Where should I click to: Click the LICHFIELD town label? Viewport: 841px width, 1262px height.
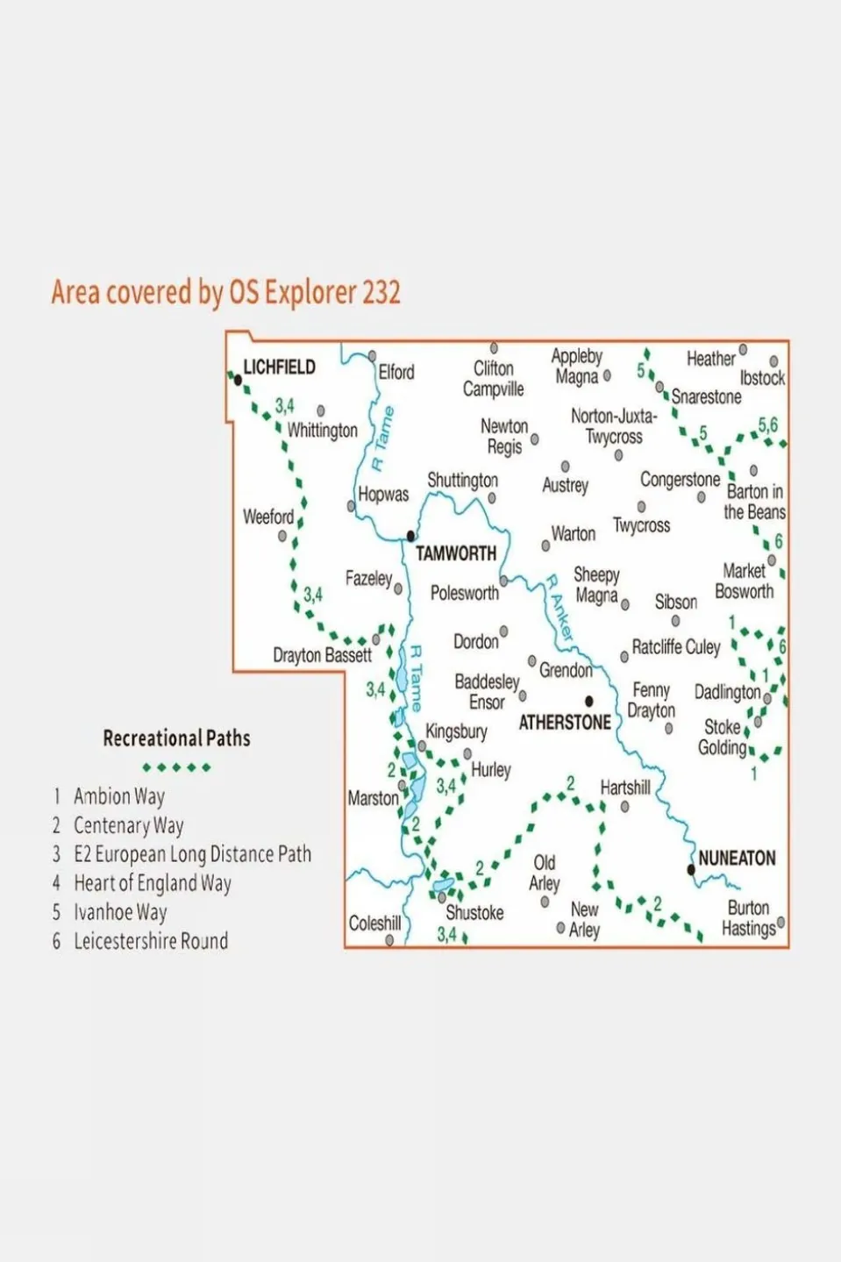(x=279, y=367)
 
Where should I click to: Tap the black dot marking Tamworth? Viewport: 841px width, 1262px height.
(x=410, y=536)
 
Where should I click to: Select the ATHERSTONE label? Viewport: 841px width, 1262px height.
(x=565, y=723)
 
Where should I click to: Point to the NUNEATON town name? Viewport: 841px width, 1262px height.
(x=737, y=858)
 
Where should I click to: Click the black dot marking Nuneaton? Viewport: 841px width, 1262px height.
(x=691, y=870)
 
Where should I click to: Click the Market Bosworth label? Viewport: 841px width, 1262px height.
(x=745, y=581)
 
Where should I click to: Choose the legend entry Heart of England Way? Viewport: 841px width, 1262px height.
(x=152, y=883)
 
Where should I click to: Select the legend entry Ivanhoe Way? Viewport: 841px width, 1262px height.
(x=120, y=912)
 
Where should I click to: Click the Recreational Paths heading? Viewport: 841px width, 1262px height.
(x=176, y=738)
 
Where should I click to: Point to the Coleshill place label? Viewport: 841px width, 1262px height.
(x=374, y=923)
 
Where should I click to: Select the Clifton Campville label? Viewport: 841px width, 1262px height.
(x=493, y=379)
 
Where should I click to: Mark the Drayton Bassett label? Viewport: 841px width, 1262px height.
(x=322, y=655)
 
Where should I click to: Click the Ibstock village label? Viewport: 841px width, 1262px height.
(x=762, y=378)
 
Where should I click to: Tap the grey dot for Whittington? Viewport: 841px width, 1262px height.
(x=321, y=410)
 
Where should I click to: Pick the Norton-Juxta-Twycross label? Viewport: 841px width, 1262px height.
(x=614, y=426)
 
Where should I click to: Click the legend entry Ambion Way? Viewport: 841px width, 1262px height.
(x=118, y=796)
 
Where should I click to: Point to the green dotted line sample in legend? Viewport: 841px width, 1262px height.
(x=176, y=767)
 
